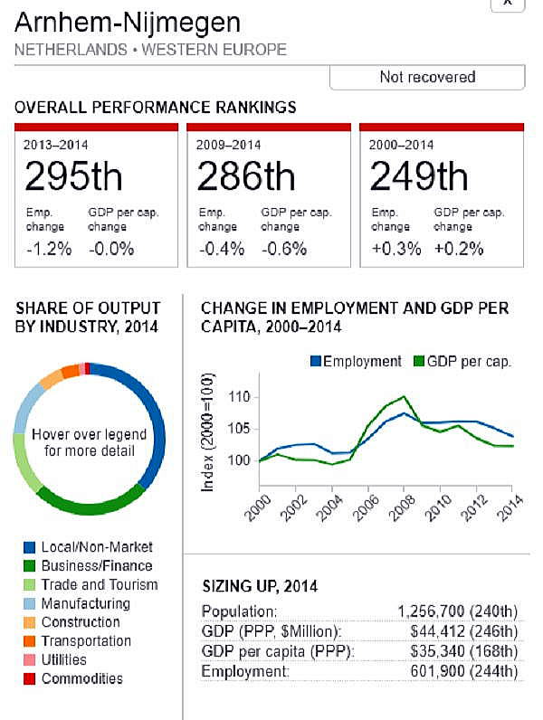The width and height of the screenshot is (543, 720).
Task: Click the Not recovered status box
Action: click(x=427, y=77)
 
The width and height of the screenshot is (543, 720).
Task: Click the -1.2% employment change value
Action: click(x=48, y=249)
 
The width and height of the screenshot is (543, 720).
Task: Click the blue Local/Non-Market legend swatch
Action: click(x=29, y=547)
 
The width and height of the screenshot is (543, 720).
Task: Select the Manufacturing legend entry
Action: click(x=85, y=603)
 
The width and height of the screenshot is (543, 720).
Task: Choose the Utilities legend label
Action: click(x=64, y=660)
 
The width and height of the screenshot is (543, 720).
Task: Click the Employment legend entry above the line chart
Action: click(x=355, y=361)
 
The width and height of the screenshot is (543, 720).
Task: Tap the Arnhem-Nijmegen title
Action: click(x=128, y=22)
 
